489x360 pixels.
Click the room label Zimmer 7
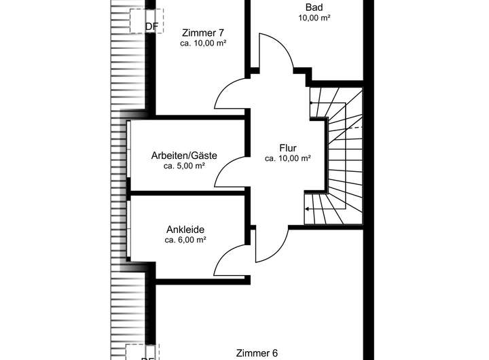(x=203, y=32)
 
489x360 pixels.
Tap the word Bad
(x=314, y=7)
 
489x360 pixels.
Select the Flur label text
(x=288, y=147)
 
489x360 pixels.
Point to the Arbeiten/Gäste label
(x=184, y=156)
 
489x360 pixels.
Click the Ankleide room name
(x=185, y=230)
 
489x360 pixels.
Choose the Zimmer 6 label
(x=257, y=353)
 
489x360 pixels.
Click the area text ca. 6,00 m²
(x=185, y=240)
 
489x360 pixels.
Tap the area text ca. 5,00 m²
(x=184, y=166)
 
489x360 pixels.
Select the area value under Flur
(x=288, y=158)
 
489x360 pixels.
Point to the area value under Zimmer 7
(x=203, y=42)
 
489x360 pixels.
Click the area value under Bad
(x=314, y=18)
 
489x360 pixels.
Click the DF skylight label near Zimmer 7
(x=152, y=27)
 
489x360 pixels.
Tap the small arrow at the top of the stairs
(x=312, y=103)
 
